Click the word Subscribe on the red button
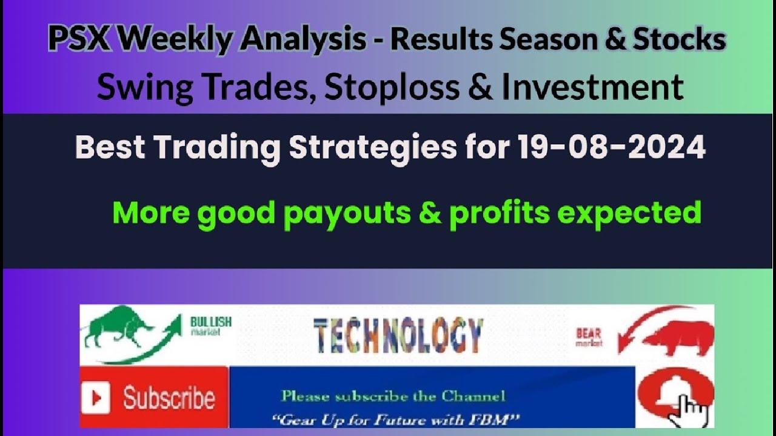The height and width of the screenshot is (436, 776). click(169, 398)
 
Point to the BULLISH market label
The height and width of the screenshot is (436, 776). click(210, 326)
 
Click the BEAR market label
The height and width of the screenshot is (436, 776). click(589, 337)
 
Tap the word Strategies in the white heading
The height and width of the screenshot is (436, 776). click(372, 148)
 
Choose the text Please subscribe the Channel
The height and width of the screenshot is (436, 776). click(393, 397)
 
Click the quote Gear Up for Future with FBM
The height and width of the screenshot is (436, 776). click(398, 418)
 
